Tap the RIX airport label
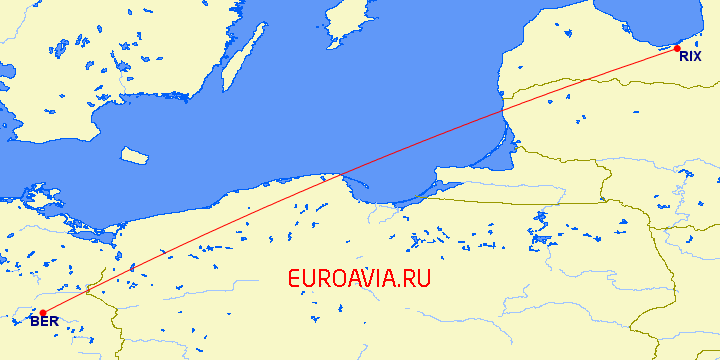tap(690, 57)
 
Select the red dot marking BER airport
tap(42, 312)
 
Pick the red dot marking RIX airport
tap(677, 48)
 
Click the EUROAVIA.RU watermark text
tap(359, 279)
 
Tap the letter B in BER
tap(35, 321)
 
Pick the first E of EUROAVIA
tap(294, 279)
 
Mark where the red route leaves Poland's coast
tap(337, 177)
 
